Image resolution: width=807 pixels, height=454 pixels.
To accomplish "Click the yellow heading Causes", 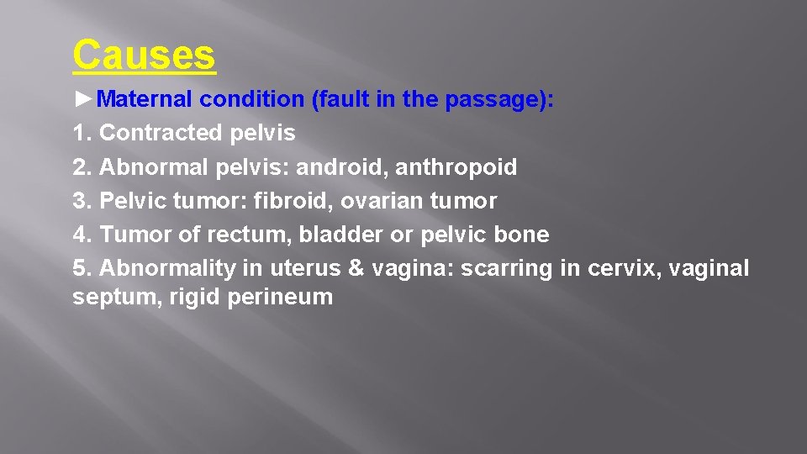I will click(144, 55).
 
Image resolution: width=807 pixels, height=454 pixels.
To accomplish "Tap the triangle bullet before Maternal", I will click(83, 99).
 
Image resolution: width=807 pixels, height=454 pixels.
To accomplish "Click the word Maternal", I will click(147, 99).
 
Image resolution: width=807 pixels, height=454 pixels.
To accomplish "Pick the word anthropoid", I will click(456, 167).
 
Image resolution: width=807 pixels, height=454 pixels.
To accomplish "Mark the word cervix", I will click(614, 268).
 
